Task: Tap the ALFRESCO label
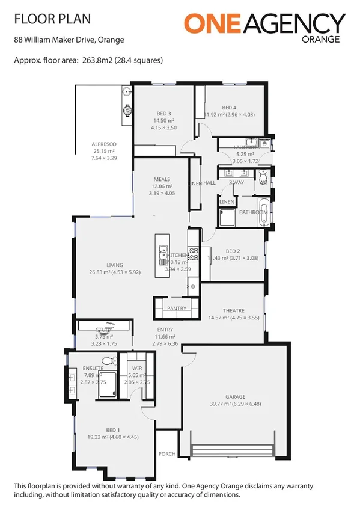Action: click(x=103, y=144)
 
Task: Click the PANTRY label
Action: click(x=177, y=308)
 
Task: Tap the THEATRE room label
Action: click(x=233, y=310)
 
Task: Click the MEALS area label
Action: click(x=162, y=179)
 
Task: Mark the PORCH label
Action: click(x=166, y=453)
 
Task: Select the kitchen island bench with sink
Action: click(x=162, y=256)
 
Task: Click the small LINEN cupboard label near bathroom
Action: click(x=227, y=201)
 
